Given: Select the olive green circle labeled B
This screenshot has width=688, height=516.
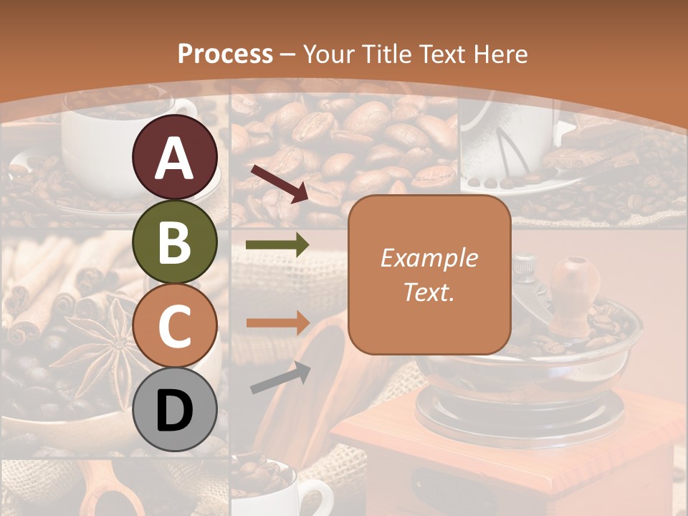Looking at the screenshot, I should [x=175, y=242].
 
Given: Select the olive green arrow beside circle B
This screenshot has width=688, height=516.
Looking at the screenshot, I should [x=277, y=245].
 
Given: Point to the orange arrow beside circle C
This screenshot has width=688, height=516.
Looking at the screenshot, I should [x=277, y=323].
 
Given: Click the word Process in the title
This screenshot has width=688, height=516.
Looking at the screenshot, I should [x=225, y=54].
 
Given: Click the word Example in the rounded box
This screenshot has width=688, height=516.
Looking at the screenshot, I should [x=429, y=258].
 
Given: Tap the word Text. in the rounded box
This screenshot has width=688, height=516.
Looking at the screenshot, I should [x=429, y=292].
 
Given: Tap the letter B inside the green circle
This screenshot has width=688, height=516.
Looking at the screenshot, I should [x=175, y=242].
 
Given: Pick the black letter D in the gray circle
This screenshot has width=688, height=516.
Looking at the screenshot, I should [x=175, y=410].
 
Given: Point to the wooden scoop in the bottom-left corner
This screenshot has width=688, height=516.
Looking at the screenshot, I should [x=107, y=491].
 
